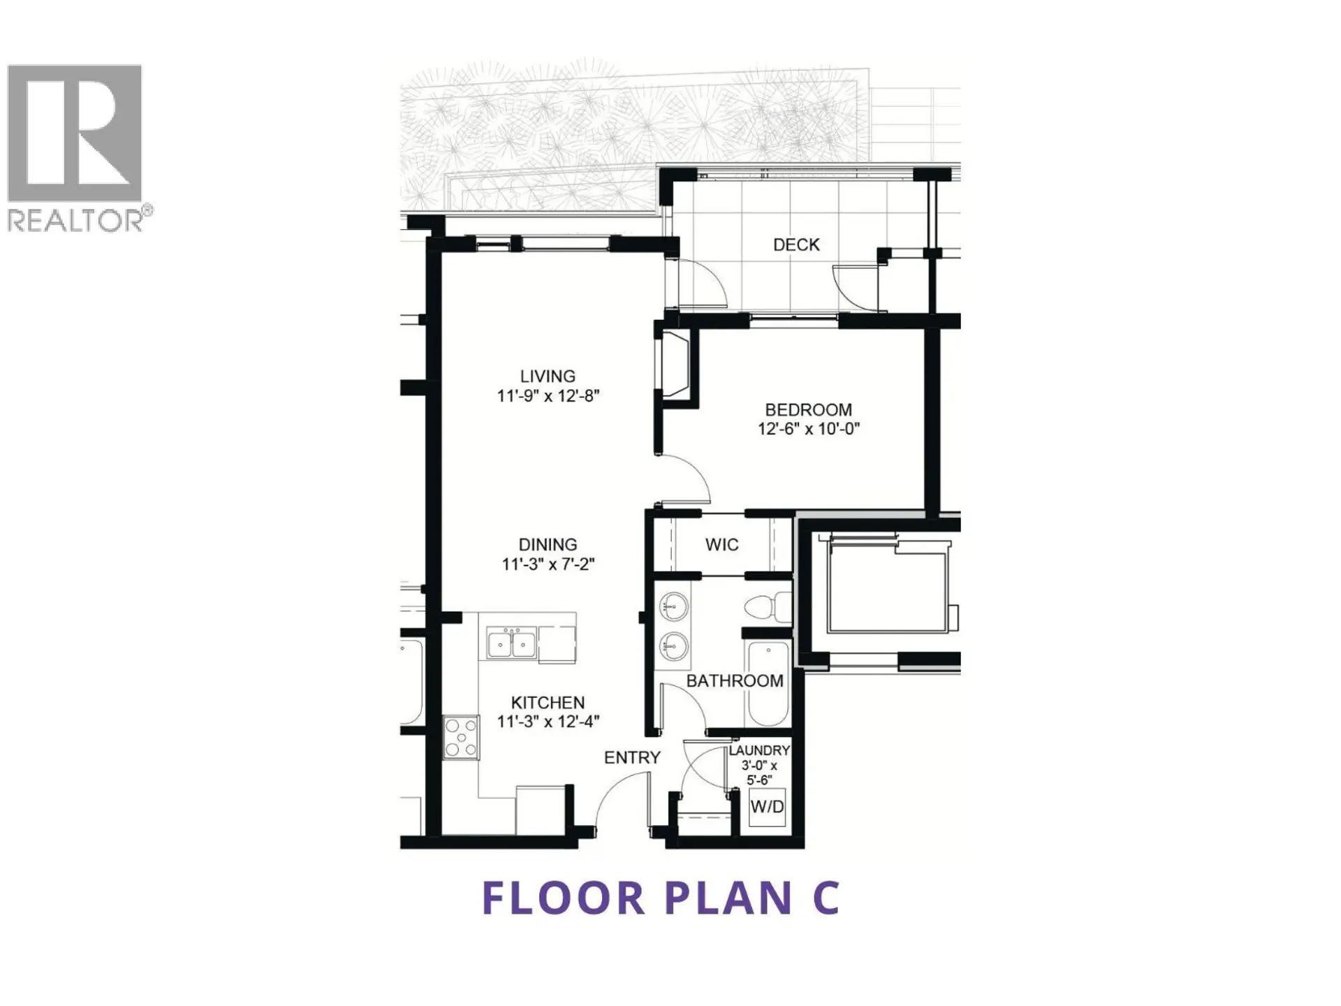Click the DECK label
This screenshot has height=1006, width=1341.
pyautogui.click(x=796, y=245)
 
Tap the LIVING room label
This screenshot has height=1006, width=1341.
pyautogui.click(x=548, y=377)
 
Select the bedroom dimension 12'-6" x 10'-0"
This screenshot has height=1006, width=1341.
pyautogui.click(x=808, y=429)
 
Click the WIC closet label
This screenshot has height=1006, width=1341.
pyautogui.click(x=721, y=545)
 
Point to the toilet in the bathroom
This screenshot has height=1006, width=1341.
pyautogui.click(x=768, y=607)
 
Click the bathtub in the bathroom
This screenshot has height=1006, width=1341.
pyautogui.click(x=768, y=685)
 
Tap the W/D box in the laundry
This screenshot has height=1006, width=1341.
pyautogui.click(x=767, y=807)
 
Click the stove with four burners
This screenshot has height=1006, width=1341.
pyautogui.click(x=461, y=737)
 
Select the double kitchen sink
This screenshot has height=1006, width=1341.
pyautogui.click(x=511, y=643)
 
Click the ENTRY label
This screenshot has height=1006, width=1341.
pyautogui.click(x=632, y=757)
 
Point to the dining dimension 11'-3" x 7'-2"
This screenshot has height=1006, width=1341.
pyautogui.click(x=548, y=564)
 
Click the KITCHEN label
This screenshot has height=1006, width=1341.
pyautogui.click(x=548, y=703)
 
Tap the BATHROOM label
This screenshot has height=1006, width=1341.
pyautogui.click(x=735, y=681)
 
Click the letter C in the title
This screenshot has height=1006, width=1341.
pyautogui.click(x=826, y=898)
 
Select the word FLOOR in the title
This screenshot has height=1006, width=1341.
pyautogui.click(x=563, y=898)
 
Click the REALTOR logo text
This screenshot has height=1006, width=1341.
pyautogui.click(x=75, y=221)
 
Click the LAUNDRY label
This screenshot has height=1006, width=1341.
pyautogui.click(x=759, y=750)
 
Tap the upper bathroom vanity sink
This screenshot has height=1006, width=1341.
pyautogui.click(x=674, y=606)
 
